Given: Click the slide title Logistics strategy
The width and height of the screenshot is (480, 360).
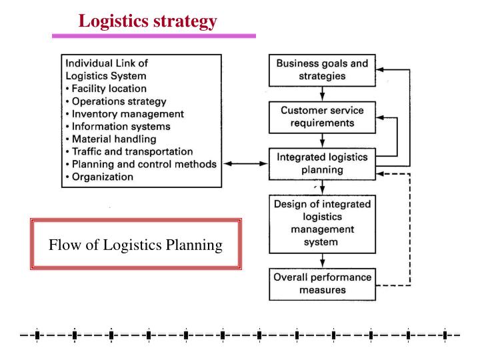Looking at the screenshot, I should click(147, 22).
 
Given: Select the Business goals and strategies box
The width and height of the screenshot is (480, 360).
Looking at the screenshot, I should click(321, 70).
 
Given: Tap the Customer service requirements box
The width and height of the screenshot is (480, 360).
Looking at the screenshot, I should click(321, 117).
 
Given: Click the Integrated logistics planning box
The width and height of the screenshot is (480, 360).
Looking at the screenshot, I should click(321, 164).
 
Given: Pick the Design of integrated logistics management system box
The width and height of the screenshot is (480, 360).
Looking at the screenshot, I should click(321, 223).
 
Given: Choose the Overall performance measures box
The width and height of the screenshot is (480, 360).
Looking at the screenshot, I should click(321, 283).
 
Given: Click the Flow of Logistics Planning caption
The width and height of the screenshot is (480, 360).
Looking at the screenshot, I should click(136, 245).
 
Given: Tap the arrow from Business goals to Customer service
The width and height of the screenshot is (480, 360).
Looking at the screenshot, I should click(321, 93).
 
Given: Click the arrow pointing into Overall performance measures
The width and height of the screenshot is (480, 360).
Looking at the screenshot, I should click(321, 261).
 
